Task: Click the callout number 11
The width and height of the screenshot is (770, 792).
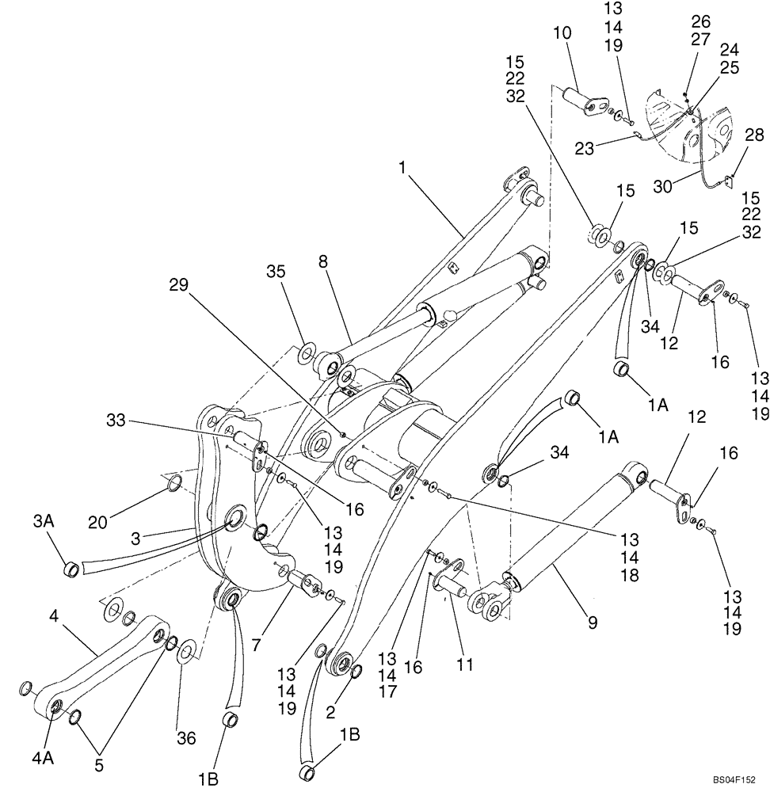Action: tap(464, 664)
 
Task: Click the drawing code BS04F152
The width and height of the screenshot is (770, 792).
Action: tap(733, 780)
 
